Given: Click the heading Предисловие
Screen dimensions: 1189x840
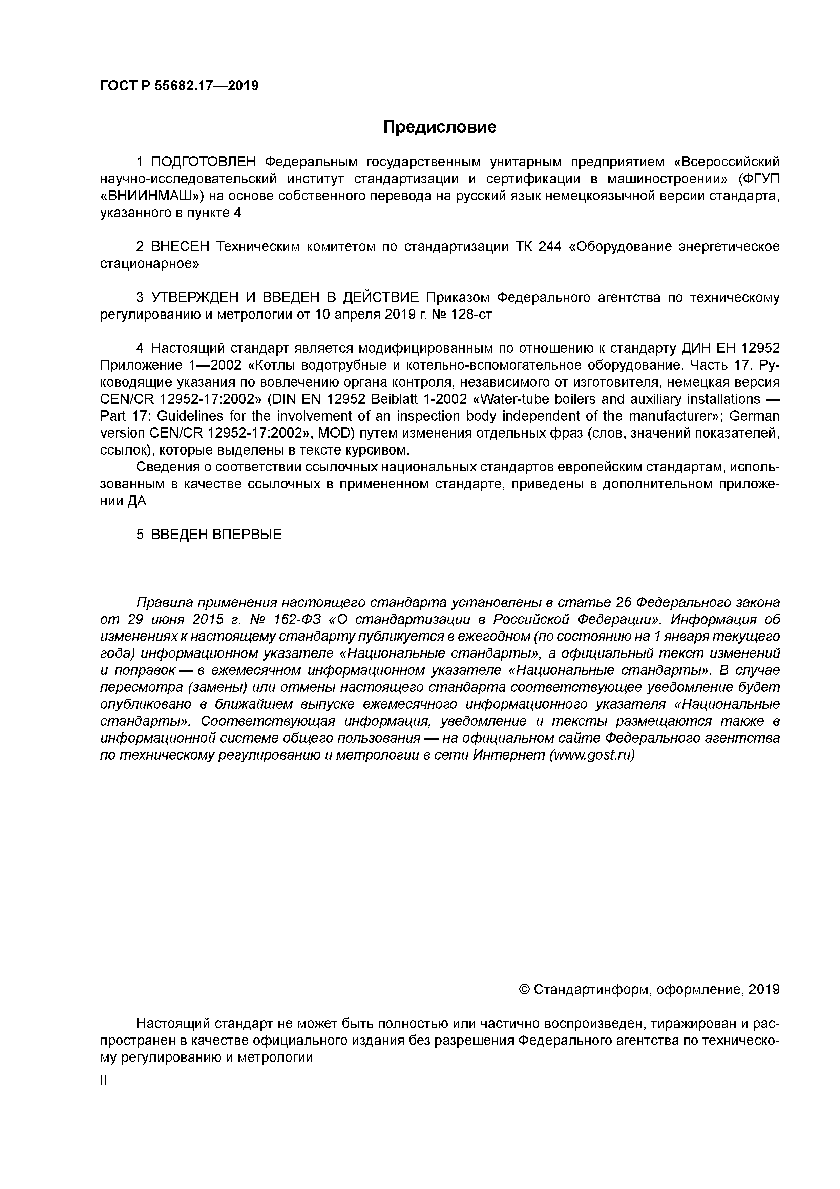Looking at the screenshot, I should (439, 127).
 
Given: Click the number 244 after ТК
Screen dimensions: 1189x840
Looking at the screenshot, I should (550, 247).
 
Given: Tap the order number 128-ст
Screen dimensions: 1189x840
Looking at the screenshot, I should (471, 315).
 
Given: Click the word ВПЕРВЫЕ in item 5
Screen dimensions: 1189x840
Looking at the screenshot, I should (247, 535).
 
